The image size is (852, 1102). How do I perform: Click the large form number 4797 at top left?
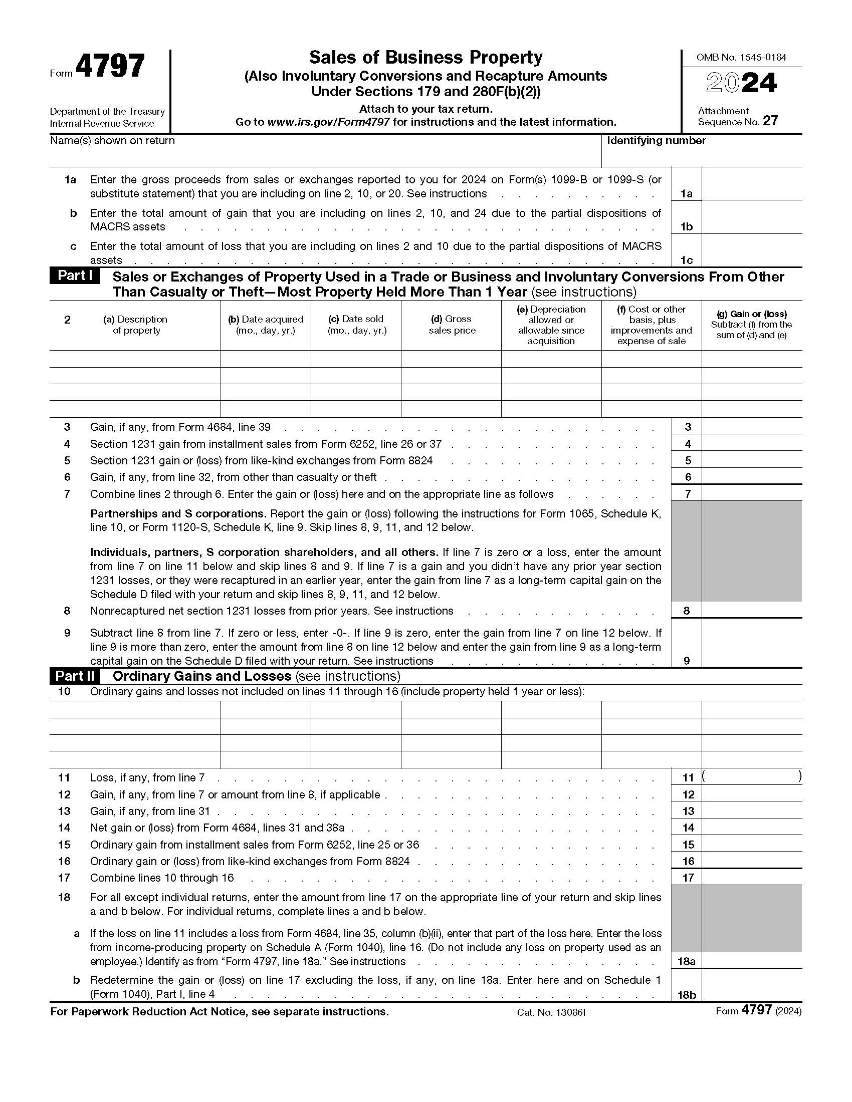[110, 66]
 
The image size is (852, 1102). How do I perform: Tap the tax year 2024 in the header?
[741, 84]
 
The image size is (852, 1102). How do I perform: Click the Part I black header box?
[75, 276]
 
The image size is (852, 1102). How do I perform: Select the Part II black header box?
[75, 676]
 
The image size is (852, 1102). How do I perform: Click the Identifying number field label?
[656, 141]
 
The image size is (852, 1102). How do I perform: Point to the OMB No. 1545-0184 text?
[741, 58]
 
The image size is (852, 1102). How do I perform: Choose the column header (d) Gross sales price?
[451, 325]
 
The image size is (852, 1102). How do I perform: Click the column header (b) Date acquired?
[266, 325]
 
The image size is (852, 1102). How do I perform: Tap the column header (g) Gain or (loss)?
[751, 325]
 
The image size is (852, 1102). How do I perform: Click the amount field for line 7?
[751, 493]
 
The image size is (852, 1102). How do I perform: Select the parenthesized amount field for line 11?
[751, 777]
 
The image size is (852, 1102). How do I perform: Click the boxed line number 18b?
[687, 994]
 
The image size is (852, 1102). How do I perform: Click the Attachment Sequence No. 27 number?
[770, 121]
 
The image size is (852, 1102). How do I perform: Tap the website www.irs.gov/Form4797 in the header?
[328, 122]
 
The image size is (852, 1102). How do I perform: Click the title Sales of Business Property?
[425, 58]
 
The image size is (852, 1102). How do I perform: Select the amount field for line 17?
[751, 878]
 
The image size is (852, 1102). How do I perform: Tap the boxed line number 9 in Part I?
[687, 661]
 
